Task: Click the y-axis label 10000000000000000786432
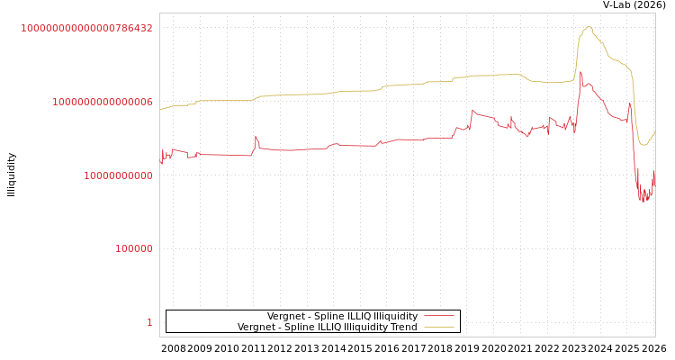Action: click(x=86, y=28)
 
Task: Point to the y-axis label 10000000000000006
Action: click(x=102, y=102)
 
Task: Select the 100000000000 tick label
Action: click(x=118, y=175)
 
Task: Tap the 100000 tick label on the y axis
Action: click(x=134, y=248)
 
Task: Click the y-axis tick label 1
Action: click(x=149, y=322)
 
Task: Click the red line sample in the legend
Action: click(x=438, y=316)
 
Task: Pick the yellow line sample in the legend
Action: click(x=438, y=327)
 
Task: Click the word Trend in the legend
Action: click(x=403, y=327)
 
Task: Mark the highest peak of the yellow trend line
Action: click(x=589, y=27)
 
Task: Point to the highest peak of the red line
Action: click(x=580, y=72)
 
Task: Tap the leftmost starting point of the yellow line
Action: click(x=160, y=110)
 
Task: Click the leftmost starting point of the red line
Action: click(x=160, y=163)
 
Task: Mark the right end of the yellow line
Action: click(x=654, y=132)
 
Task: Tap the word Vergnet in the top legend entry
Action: click(x=285, y=316)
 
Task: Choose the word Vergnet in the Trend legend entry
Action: click(x=256, y=327)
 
